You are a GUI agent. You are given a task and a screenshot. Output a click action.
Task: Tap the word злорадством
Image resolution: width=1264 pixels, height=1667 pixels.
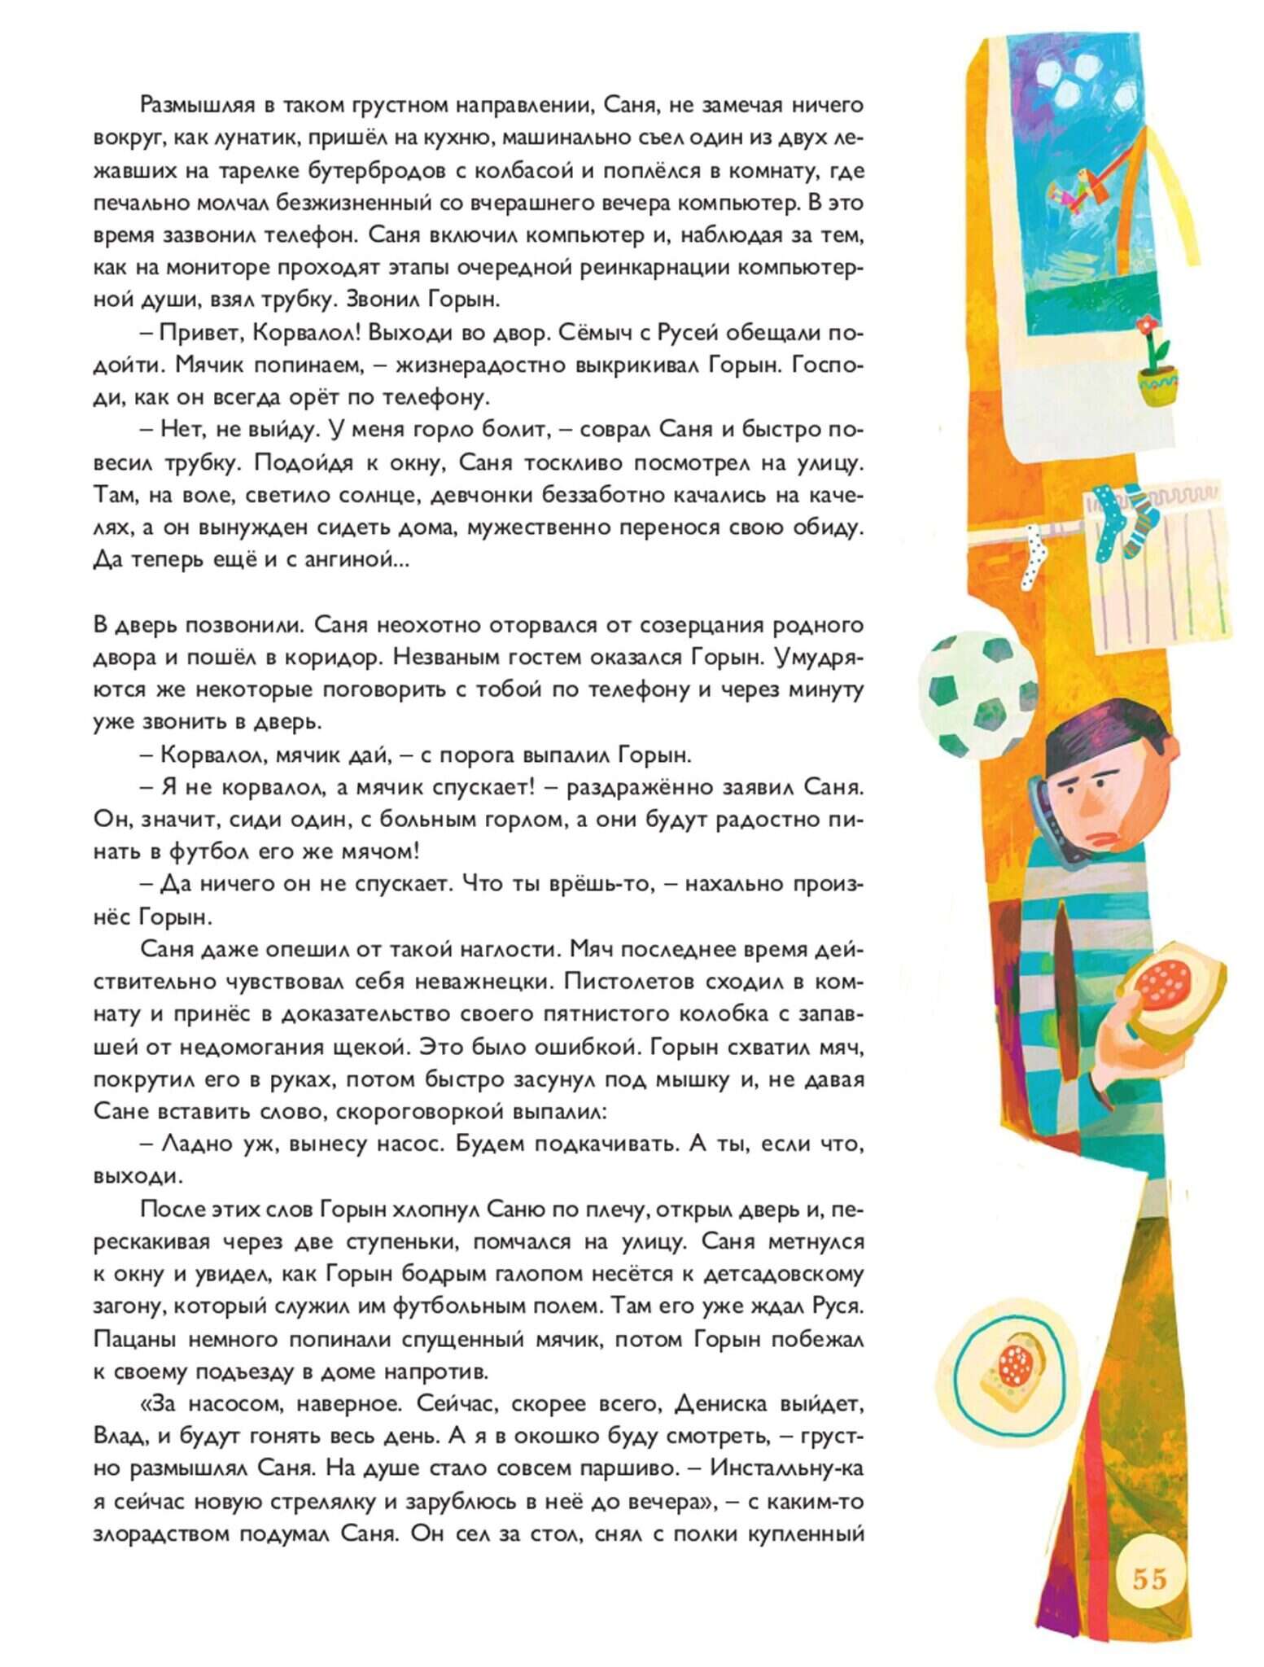click(x=160, y=1534)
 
